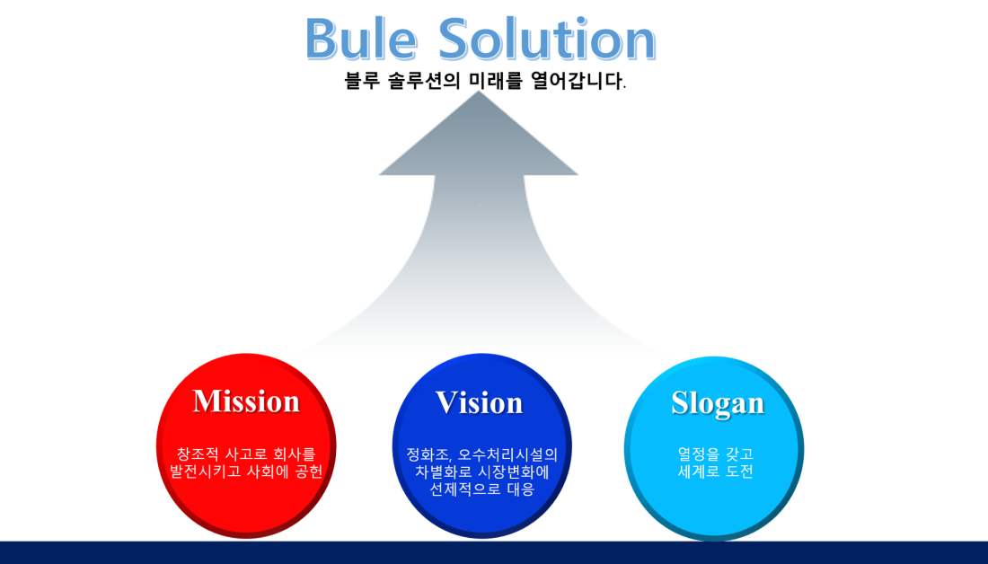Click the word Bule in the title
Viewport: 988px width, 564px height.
click(x=361, y=40)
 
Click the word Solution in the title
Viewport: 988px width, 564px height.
click(x=547, y=40)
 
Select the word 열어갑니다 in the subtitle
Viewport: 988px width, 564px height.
click(x=577, y=81)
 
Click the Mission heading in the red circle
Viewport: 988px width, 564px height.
click(x=246, y=401)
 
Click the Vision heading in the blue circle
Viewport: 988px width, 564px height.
click(x=479, y=402)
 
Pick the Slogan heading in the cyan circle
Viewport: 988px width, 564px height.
click(x=718, y=402)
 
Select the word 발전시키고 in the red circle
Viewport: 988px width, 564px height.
click(x=206, y=471)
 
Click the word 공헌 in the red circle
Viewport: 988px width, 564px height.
click(x=308, y=471)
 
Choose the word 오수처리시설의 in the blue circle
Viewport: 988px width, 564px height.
click(x=507, y=454)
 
